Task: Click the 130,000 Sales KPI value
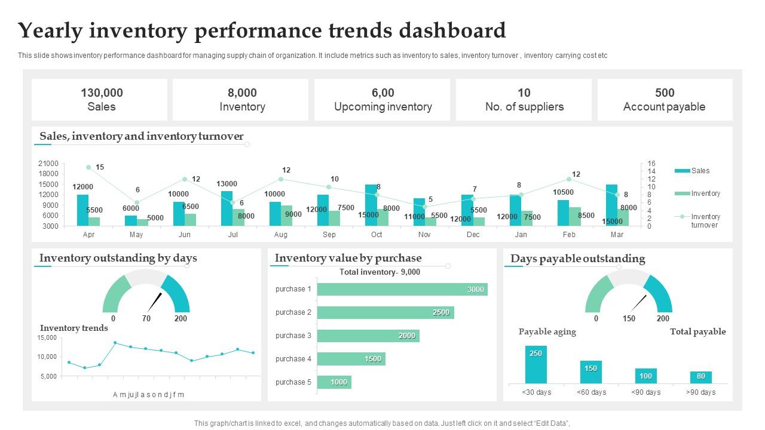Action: point(102,93)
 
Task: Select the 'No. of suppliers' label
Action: point(524,107)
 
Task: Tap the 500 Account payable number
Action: point(665,93)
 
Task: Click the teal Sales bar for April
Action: point(82,210)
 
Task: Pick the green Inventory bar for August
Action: point(287,216)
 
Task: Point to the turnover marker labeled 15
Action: point(88,167)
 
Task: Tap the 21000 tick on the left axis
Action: point(48,164)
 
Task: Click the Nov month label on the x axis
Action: point(424,235)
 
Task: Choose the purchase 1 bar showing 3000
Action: point(402,289)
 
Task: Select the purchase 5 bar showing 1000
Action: point(334,382)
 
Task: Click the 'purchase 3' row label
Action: point(293,336)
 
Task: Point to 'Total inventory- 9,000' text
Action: point(380,272)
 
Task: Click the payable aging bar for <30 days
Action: point(535,364)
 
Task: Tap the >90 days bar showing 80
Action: point(700,377)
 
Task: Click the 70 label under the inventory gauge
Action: point(146,319)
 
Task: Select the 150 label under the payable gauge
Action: point(629,319)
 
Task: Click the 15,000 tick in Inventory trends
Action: point(47,338)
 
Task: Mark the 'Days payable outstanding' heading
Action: point(577,259)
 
